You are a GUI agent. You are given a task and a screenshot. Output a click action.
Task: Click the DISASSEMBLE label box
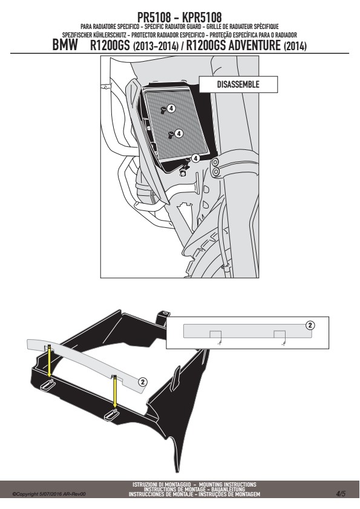click(238, 85)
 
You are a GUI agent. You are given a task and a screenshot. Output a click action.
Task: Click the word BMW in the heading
click(65, 45)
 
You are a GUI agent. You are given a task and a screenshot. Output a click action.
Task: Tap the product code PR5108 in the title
click(154, 17)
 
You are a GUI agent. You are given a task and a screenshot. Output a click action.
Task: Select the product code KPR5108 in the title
click(201, 17)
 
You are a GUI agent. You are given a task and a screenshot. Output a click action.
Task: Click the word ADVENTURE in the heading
click(254, 45)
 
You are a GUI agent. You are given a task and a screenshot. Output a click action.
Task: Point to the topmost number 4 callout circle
click(171, 108)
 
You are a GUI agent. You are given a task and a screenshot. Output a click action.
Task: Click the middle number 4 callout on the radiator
click(178, 134)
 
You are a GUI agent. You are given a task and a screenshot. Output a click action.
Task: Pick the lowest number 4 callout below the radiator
click(195, 158)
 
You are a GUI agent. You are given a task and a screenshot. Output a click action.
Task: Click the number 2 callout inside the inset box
click(310, 325)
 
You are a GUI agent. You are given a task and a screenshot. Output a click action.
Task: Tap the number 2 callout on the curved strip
click(143, 382)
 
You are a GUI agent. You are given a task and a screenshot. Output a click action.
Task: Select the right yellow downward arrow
click(115, 392)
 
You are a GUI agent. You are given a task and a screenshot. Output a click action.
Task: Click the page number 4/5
click(341, 494)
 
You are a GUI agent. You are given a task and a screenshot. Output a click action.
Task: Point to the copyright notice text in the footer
click(49, 494)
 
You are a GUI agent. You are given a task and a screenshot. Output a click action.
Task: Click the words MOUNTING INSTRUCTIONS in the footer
click(227, 484)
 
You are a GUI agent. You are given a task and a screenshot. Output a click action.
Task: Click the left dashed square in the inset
click(215, 334)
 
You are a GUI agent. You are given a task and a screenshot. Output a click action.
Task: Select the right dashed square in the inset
click(280, 334)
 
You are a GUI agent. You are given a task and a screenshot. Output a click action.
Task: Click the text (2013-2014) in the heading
click(155, 47)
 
